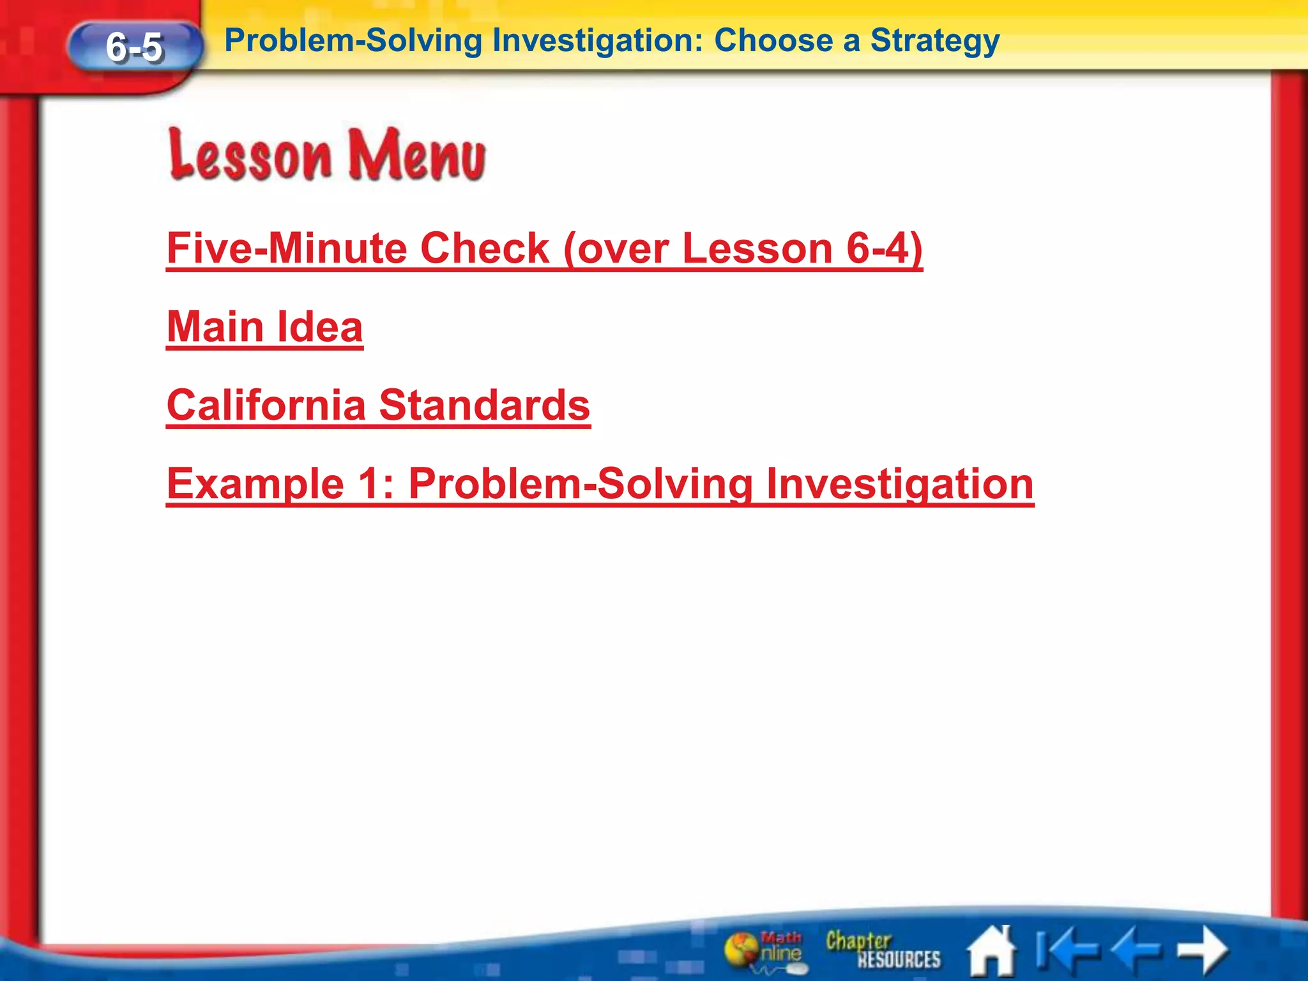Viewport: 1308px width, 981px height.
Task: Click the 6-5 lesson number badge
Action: click(x=135, y=47)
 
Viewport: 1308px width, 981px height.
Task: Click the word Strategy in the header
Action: click(x=934, y=41)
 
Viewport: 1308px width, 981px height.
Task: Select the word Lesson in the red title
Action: click(x=250, y=155)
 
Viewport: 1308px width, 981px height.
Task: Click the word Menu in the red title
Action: click(x=416, y=155)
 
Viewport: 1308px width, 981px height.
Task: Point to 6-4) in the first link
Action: click(x=885, y=248)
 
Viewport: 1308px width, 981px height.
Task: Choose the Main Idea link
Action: click(x=264, y=327)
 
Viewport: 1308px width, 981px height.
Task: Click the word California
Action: click(x=266, y=406)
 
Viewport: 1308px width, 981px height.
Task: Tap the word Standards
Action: click(x=485, y=406)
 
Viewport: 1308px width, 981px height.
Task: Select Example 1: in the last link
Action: click(x=280, y=484)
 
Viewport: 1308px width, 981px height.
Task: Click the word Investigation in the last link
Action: click(x=899, y=484)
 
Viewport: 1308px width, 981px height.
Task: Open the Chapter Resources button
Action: click(x=883, y=949)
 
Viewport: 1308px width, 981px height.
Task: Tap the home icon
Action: click(x=991, y=950)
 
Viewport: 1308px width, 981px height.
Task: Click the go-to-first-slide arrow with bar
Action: click(x=1065, y=949)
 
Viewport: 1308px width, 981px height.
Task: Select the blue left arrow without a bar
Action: click(x=1136, y=949)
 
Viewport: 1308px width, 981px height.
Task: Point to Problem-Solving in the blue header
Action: click(x=353, y=41)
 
